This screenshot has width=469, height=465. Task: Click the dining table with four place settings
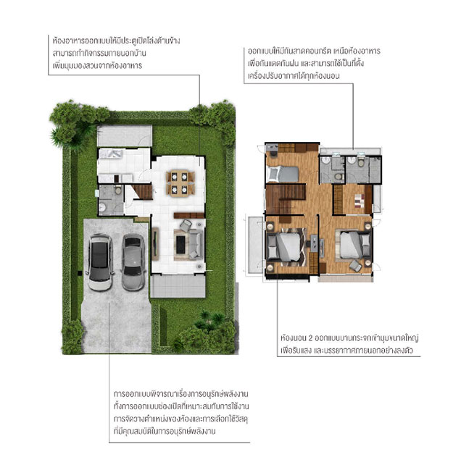click(x=180, y=183)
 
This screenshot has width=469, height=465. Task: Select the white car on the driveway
click(x=100, y=261)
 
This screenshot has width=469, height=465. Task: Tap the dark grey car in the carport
click(x=133, y=262)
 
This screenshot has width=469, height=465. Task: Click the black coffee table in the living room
click(x=180, y=245)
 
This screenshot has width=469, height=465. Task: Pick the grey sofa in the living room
click(x=196, y=244)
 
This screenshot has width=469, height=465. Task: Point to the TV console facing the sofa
click(x=155, y=244)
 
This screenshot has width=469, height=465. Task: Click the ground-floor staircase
click(x=142, y=192)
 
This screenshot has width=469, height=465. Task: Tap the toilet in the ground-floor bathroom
click(x=118, y=190)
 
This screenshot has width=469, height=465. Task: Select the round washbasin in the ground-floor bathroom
click(x=103, y=207)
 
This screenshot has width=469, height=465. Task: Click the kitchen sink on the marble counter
click(x=111, y=154)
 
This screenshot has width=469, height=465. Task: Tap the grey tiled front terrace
click(x=178, y=286)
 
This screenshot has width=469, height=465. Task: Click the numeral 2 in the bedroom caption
click(x=310, y=338)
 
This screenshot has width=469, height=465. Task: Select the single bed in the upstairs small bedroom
click(x=283, y=174)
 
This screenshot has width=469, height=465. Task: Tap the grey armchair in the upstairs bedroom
click(x=355, y=266)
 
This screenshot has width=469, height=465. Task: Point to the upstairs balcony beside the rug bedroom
click(x=255, y=245)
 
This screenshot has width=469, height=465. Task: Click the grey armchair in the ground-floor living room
click(x=186, y=225)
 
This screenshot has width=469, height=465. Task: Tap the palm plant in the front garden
click(x=210, y=320)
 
